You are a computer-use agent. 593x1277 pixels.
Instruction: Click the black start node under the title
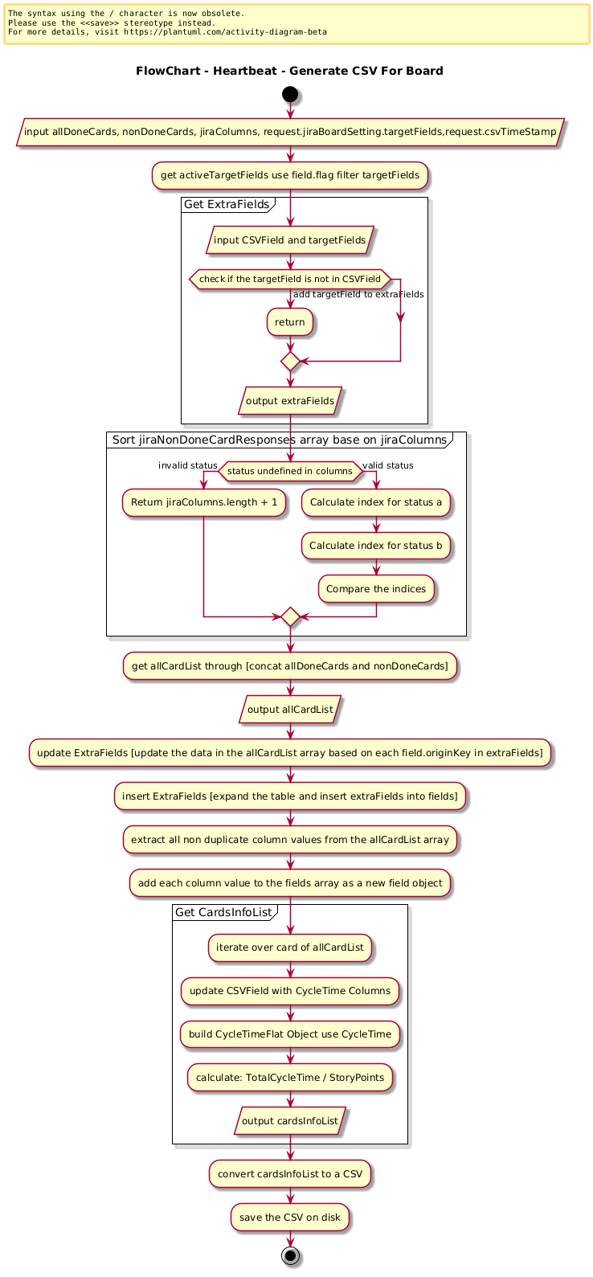point(289,94)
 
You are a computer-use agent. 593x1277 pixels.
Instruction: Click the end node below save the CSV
point(290,1255)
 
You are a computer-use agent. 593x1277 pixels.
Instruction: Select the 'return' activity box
point(289,322)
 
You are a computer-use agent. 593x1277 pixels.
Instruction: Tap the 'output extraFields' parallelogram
point(290,401)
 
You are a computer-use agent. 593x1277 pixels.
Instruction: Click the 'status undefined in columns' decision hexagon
point(290,471)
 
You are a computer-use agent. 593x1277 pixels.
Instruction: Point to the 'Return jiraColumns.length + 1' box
point(203,502)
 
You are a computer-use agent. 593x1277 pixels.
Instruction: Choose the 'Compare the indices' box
point(376,589)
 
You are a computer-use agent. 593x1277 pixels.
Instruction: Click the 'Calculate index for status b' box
point(376,546)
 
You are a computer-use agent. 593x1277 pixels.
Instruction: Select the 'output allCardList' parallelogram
point(290,709)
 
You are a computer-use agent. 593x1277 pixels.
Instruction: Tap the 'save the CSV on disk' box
point(289,1218)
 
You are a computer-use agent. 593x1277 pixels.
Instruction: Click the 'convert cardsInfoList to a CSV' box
point(289,1174)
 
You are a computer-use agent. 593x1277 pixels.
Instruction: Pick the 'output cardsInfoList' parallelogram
point(290,1121)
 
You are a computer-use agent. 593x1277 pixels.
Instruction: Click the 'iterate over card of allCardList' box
point(289,948)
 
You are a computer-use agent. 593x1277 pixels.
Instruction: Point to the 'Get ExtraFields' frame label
point(227,204)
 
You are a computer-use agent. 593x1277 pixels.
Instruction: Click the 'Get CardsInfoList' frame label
point(223,912)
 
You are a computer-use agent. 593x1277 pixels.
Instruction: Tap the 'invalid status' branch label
point(187,465)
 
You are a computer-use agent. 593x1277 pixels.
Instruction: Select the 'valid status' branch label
point(388,465)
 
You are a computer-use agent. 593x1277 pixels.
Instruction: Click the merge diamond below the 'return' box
point(290,361)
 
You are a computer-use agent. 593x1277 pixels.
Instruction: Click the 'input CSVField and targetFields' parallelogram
point(289,240)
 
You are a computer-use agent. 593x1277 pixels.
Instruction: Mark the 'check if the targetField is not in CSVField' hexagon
point(289,279)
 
